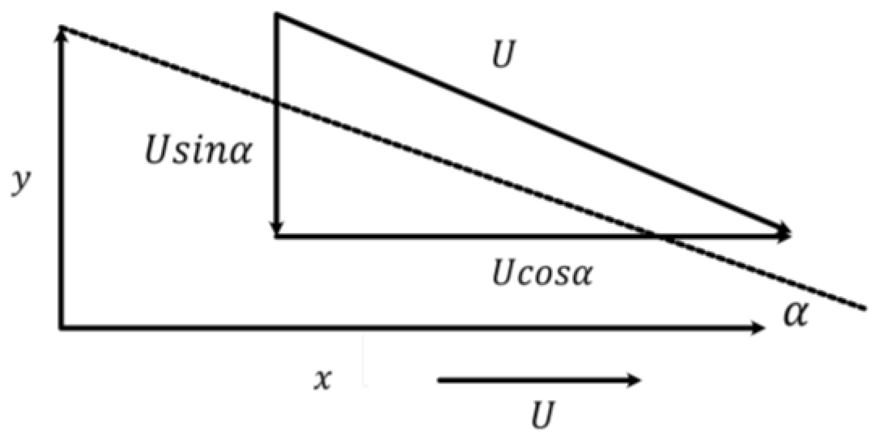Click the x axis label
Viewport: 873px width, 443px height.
[x=323, y=380]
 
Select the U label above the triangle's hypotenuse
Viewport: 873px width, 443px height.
[x=503, y=55]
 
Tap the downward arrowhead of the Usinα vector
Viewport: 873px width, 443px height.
[x=276, y=229]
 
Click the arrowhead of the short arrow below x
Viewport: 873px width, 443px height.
[x=635, y=380]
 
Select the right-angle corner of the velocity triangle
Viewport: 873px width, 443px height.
[x=276, y=236]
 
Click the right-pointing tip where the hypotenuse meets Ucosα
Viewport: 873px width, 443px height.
[x=788, y=234]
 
